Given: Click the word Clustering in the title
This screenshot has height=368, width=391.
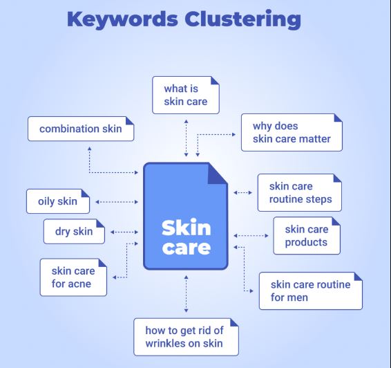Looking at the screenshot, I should [x=243, y=19].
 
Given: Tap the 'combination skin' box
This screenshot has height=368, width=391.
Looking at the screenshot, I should [x=81, y=129].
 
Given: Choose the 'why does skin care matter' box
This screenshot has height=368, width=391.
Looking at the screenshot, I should [x=291, y=133].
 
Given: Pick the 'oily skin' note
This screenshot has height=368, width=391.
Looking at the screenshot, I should [x=57, y=201].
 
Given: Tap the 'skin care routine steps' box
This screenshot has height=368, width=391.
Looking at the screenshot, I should [x=301, y=192].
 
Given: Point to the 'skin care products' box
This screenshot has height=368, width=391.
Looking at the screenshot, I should [x=306, y=235].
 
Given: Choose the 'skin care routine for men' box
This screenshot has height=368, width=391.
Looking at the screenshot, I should [x=310, y=291].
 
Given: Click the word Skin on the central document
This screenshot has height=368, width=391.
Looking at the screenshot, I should [x=186, y=228].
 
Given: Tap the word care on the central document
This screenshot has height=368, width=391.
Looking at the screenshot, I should [x=186, y=246].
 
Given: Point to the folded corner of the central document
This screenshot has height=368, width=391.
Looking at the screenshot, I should [x=217, y=174].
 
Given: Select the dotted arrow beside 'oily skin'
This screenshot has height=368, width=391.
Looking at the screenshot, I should [x=116, y=202].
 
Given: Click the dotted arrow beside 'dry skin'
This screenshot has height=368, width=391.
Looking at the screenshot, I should [x=124, y=232].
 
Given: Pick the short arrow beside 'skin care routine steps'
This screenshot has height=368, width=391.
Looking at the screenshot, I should [x=243, y=193].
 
